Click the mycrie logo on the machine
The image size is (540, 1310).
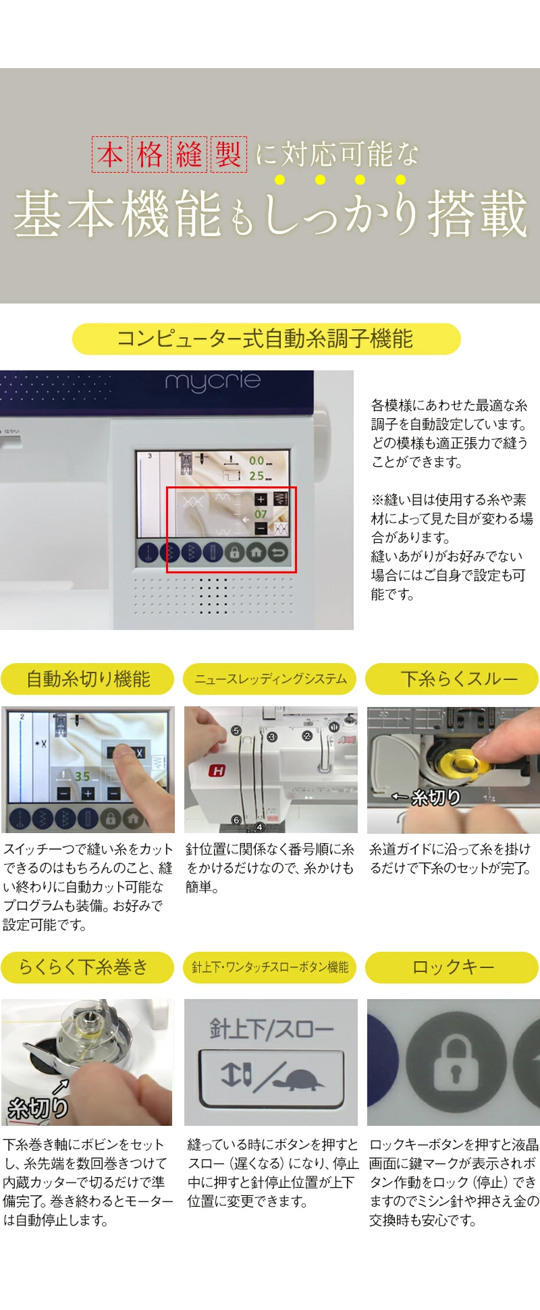coord(213,382)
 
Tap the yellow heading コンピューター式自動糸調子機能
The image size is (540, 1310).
coord(266,339)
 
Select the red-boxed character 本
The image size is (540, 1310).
coord(110,154)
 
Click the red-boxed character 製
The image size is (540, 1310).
coord(229,154)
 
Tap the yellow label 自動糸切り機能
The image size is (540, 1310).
coord(88,679)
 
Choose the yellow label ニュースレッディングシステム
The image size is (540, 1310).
coord(271,679)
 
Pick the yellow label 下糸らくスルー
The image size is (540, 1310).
coord(452,679)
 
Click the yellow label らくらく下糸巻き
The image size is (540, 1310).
coord(88,967)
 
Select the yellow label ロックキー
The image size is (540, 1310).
coord(452,967)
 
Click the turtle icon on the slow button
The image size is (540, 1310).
coord(299,1078)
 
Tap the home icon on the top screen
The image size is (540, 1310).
coord(256,552)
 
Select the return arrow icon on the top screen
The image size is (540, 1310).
coord(278,552)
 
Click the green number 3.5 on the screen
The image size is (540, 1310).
coord(82,776)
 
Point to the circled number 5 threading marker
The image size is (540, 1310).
coord(236,731)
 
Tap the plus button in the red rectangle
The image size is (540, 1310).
coord(261,500)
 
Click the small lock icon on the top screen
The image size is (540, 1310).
coord(234,552)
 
